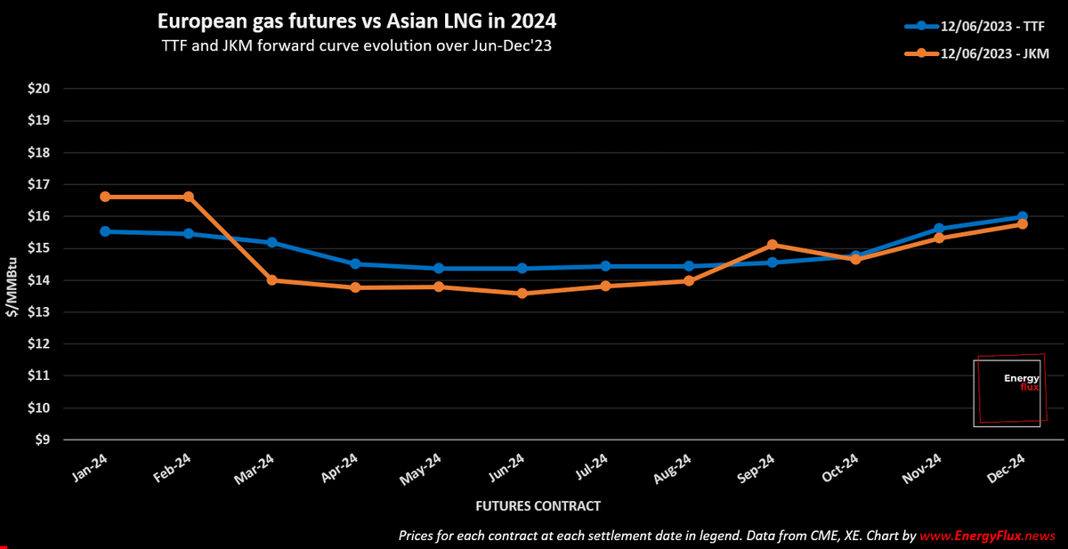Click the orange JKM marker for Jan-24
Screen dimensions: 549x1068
point(105,197)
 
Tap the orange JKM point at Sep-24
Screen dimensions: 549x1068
point(772,245)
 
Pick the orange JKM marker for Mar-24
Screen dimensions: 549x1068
point(271,280)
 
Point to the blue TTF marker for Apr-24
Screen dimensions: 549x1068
point(355,264)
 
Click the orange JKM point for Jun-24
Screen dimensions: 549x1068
point(522,293)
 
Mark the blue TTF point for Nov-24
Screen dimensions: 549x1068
point(939,229)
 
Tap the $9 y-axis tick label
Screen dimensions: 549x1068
point(41,440)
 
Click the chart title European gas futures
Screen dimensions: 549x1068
point(357,20)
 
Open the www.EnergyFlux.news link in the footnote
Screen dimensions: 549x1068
point(988,536)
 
